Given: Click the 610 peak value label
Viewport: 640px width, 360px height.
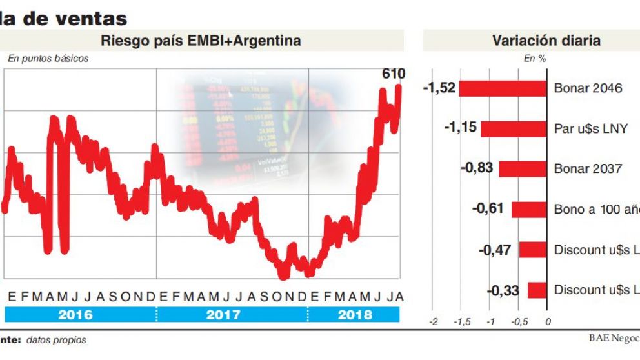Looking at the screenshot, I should (393, 74).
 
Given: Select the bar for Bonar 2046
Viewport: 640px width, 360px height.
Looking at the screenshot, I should (503, 88).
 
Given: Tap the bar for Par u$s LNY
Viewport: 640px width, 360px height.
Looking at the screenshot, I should (514, 128).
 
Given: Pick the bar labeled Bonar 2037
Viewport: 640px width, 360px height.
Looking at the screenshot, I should (523, 169).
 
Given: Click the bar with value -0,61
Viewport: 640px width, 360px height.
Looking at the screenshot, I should (529, 210).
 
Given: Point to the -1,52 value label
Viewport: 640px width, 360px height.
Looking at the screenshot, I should (439, 88).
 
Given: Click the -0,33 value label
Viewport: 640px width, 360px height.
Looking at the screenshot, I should (503, 291).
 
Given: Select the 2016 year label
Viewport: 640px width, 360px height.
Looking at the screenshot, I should (75, 315).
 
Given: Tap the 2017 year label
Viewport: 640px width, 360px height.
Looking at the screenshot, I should (223, 315).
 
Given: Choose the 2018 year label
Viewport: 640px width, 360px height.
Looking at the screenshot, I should (354, 315).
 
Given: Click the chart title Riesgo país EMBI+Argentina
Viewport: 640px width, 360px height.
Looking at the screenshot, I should (201, 41).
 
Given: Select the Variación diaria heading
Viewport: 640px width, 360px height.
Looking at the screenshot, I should (546, 41).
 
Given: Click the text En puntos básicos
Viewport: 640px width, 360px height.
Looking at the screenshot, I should (48, 59).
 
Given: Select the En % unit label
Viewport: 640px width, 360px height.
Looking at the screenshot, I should (535, 59).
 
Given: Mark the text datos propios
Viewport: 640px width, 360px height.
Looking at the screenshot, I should (56, 340).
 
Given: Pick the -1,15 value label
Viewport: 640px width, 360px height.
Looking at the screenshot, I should (461, 128).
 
